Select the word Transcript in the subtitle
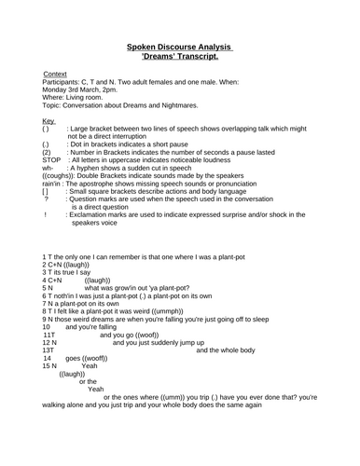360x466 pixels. [x=210, y=56]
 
